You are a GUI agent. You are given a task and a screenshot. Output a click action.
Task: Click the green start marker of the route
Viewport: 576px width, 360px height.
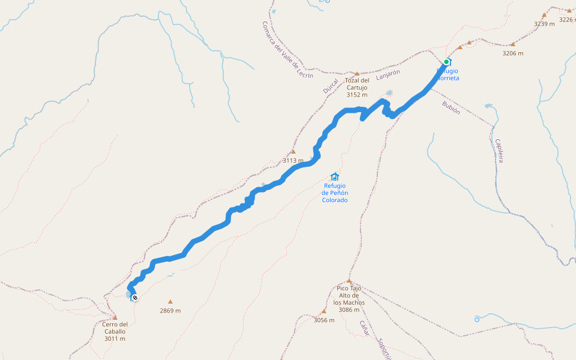(x=446, y=62)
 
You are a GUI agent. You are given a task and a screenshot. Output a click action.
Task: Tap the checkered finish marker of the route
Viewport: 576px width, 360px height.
(x=135, y=298)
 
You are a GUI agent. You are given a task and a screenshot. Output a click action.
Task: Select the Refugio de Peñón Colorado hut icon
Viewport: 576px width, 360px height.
(x=335, y=176)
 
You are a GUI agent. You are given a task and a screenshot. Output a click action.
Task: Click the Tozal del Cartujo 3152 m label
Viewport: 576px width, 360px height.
(x=357, y=88)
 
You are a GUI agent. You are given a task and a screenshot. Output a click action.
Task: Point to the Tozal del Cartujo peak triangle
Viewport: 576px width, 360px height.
(x=357, y=74)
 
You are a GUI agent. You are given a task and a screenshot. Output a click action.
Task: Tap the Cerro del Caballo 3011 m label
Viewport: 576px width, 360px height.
(x=114, y=331)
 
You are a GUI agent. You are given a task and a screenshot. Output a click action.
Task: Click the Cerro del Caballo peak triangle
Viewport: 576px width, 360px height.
(x=115, y=317)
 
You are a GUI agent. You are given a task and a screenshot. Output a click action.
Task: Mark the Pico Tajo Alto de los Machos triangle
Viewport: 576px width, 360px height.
(x=349, y=281)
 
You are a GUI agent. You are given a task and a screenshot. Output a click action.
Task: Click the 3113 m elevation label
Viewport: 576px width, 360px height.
(x=293, y=160)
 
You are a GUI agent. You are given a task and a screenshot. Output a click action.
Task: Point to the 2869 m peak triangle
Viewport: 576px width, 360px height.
(x=170, y=302)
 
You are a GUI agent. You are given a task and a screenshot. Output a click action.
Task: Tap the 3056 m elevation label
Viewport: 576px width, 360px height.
(x=324, y=320)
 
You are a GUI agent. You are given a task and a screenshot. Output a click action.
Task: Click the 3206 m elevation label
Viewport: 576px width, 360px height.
(x=512, y=53)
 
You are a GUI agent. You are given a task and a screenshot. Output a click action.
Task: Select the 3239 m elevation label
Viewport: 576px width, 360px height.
(x=544, y=24)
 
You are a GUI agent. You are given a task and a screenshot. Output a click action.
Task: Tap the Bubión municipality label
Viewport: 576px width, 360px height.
(x=451, y=107)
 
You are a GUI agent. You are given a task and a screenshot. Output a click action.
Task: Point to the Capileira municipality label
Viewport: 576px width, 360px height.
(x=499, y=151)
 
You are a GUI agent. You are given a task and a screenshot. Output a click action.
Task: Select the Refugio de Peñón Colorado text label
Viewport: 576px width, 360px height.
(x=335, y=193)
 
